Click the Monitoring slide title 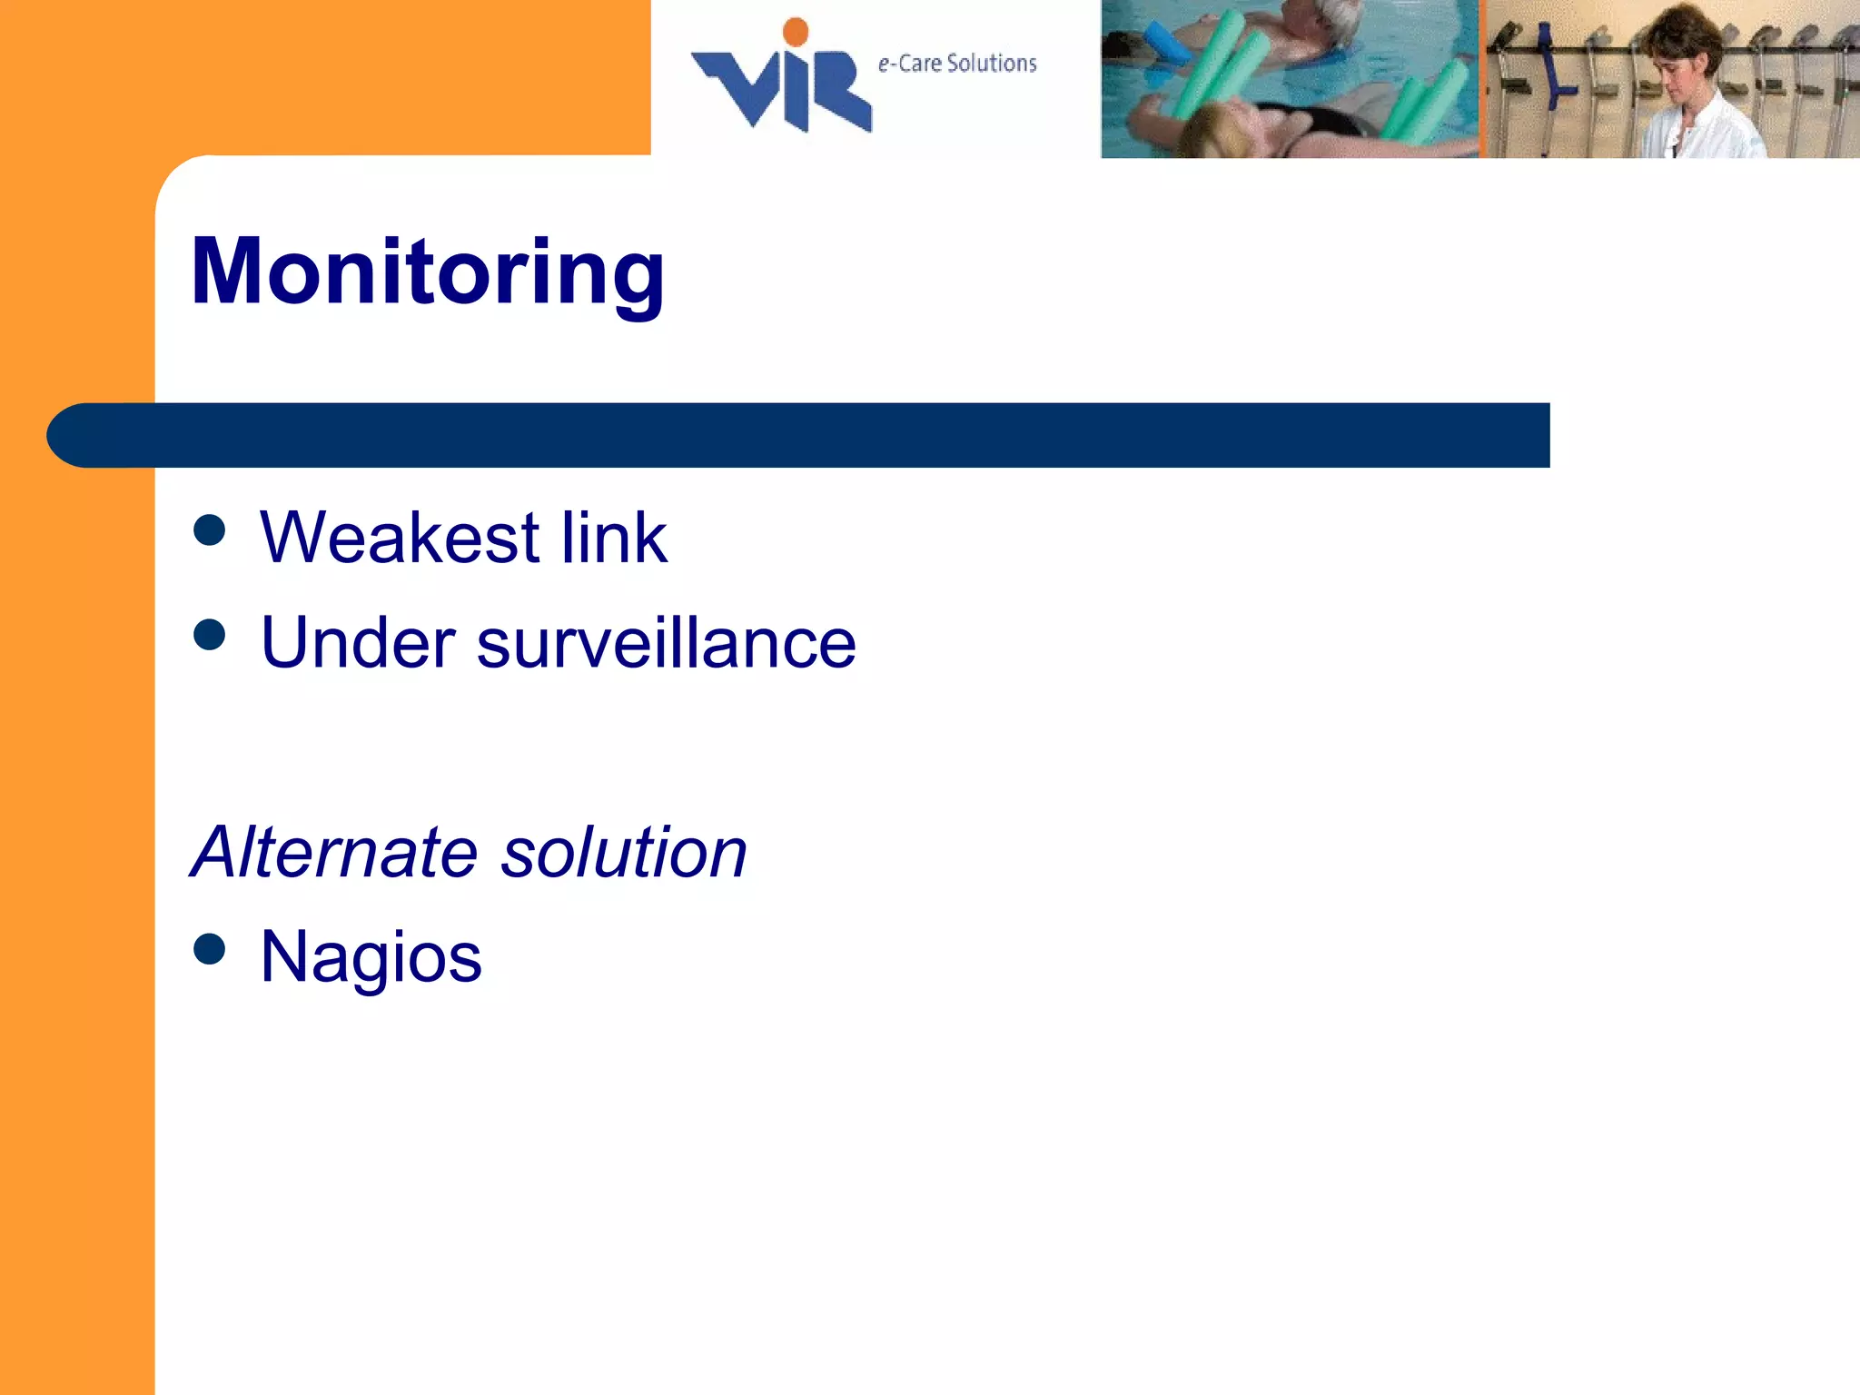(427, 272)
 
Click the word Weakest (400, 538)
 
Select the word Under (357, 643)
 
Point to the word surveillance (666, 643)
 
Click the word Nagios (371, 957)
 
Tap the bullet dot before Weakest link (209, 530)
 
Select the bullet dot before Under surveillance (209, 635)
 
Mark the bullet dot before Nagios (209, 949)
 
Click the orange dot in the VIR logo (796, 32)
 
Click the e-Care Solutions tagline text (956, 64)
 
